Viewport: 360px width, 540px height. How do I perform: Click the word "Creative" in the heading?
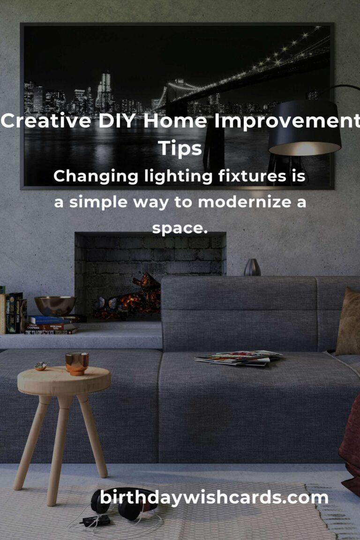46,121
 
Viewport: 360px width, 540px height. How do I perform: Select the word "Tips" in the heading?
180,149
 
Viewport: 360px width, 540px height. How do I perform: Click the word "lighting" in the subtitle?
178,176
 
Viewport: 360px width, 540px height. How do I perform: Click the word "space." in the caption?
180,228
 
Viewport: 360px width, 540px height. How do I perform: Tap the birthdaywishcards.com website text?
214,498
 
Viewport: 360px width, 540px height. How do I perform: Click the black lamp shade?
305,127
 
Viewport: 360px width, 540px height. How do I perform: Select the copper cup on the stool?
77,363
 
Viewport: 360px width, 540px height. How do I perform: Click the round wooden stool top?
64,381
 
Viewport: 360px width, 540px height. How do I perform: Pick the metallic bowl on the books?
55,306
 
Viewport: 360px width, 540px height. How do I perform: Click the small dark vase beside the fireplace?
252,267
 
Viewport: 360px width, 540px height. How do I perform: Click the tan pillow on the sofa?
348,322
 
